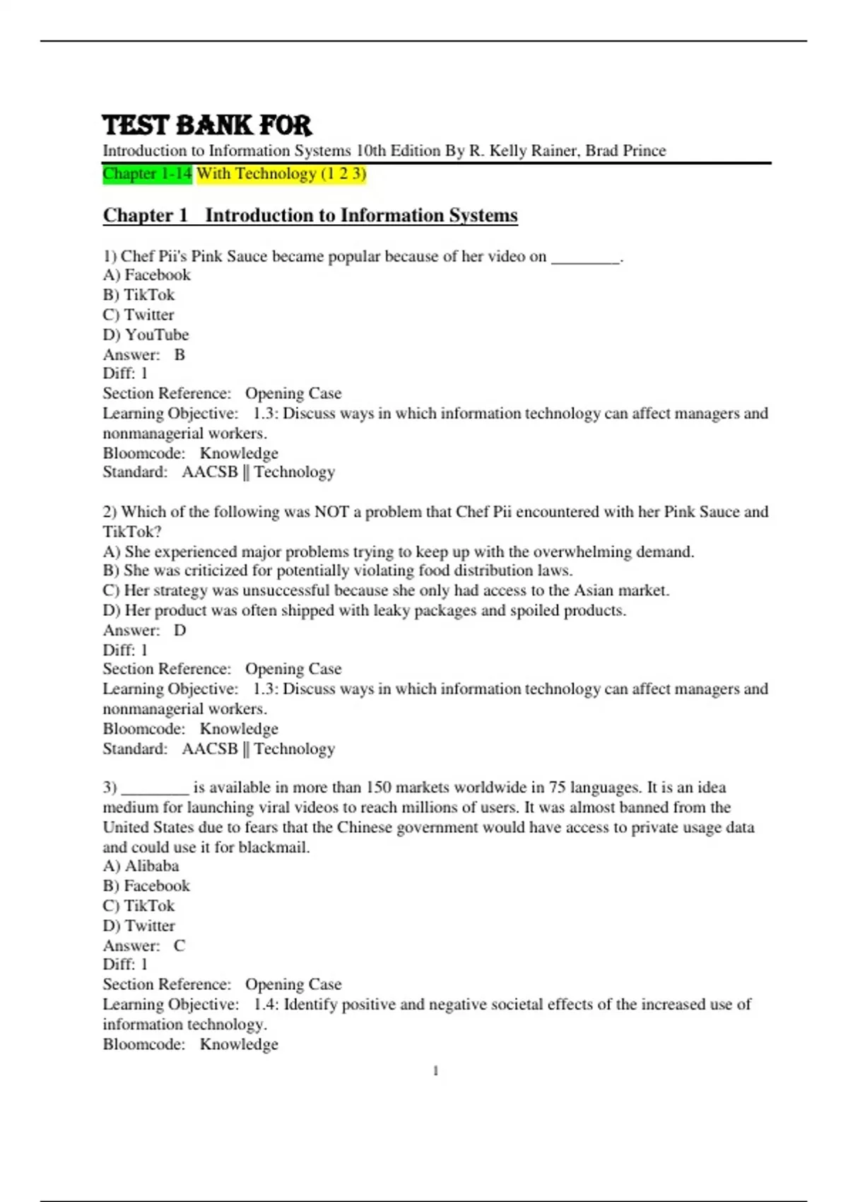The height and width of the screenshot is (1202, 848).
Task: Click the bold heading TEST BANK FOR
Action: coord(206,125)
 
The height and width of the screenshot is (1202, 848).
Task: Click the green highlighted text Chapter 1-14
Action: coord(147,174)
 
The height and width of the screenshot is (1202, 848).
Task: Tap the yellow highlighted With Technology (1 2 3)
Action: coord(281,174)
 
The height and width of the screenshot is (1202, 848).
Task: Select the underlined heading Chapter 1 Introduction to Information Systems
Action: coord(310,215)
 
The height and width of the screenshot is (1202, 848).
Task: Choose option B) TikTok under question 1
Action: coord(139,295)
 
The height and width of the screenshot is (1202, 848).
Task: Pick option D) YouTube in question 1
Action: coord(146,334)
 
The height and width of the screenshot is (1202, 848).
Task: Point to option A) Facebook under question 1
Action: coord(146,275)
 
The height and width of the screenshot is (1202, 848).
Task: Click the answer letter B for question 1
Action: coord(179,354)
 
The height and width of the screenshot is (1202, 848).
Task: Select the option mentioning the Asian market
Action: coord(386,590)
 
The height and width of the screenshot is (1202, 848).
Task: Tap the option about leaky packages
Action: coord(365,610)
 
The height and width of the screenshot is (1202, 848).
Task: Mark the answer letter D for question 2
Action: coord(180,630)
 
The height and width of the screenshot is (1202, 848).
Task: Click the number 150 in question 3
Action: coord(378,787)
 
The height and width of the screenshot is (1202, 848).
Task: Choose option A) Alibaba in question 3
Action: coord(141,866)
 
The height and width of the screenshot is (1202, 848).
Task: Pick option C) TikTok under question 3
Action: coord(139,906)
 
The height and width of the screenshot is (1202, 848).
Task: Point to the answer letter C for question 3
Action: coord(179,945)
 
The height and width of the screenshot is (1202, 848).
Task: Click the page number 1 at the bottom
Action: coord(435,1071)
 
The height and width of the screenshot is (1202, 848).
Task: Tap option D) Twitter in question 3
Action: coord(139,926)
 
